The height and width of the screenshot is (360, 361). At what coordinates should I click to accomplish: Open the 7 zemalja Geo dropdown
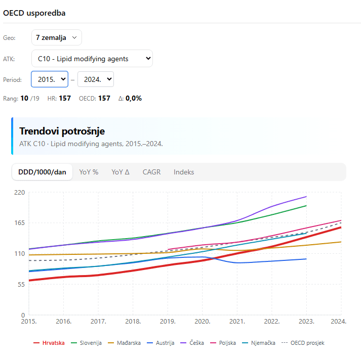point(56,37)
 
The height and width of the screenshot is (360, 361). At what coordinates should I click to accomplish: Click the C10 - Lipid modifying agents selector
point(92,59)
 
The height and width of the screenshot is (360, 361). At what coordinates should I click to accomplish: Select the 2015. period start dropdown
point(50,79)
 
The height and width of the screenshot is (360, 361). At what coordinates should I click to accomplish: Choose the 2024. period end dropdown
point(95,79)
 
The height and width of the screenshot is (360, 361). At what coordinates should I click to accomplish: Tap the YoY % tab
point(89,172)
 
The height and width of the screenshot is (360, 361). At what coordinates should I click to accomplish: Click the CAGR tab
point(151,172)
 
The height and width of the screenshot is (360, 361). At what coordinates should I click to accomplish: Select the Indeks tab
point(184,172)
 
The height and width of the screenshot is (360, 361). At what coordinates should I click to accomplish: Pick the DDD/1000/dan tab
point(42,172)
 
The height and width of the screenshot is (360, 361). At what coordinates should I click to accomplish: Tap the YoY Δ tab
point(121,172)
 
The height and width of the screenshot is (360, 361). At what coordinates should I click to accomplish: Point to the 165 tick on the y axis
point(19,222)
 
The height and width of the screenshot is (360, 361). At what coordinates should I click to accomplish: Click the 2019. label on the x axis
point(168,321)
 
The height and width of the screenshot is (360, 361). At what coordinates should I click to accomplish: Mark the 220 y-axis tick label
point(19,192)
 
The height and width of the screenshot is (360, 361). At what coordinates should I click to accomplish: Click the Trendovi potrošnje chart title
point(62,131)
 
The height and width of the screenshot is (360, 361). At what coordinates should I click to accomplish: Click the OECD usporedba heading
point(34,13)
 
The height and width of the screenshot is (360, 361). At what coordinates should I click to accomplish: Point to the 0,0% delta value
point(133,98)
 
